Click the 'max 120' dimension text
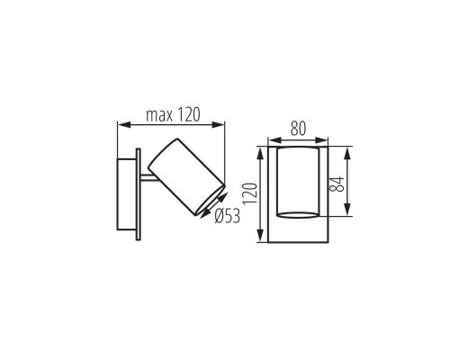point(172,115)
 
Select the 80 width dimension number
point(296,129)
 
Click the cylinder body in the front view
point(297,184)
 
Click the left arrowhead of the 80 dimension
point(273,139)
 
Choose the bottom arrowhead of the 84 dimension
point(348,215)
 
